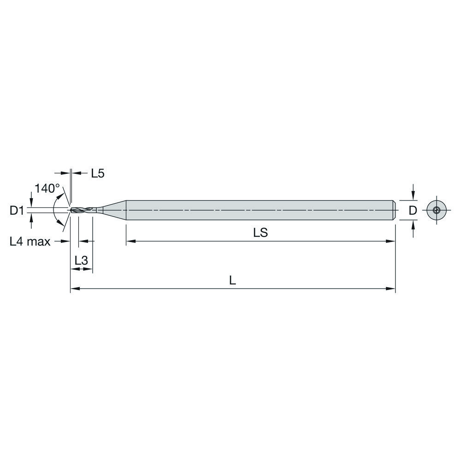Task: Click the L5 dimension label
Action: (98, 173)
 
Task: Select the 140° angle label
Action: (47, 188)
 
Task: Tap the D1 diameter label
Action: (17, 211)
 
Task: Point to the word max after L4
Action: (39, 241)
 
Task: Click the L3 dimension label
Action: (81, 260)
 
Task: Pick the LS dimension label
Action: (260, 233)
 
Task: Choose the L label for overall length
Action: (233, 281)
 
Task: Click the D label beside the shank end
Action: (413, 211)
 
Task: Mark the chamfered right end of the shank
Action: (394, 210)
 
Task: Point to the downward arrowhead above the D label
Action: (414, 196)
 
